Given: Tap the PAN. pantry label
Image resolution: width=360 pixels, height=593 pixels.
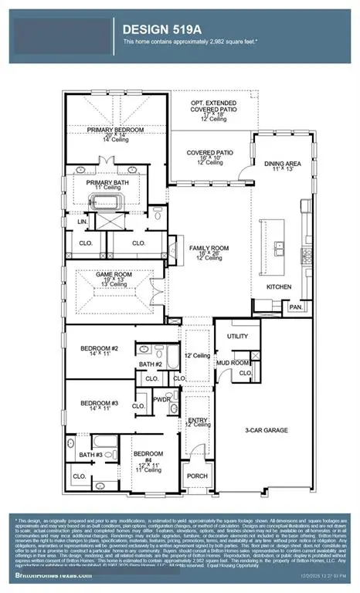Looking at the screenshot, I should (x=295, y=307).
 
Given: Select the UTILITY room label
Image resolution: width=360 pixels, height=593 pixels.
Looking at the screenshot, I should (x=236, y=337).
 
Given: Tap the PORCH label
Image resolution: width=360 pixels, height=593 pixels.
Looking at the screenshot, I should (x=197, y=476).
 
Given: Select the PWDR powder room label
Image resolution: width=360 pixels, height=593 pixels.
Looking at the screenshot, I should (x=161, y=399).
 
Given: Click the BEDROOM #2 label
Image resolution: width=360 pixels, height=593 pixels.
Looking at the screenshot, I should (x=99, y=348).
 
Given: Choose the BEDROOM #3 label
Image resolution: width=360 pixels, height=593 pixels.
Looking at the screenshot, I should (x=99, y=403).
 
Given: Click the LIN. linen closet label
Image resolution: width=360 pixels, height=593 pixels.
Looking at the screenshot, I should (x=80, y=222).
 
